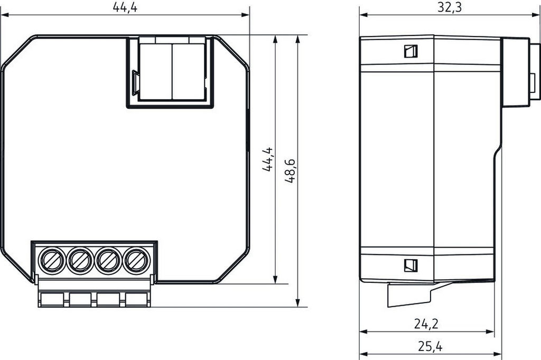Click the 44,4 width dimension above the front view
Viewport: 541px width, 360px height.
coord(125,7)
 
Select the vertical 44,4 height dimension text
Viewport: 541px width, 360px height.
coord(267,159)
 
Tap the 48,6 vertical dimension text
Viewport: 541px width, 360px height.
coord(290,170)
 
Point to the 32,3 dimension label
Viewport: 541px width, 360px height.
coord(450,7)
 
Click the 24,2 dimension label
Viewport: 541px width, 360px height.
coord(426,324)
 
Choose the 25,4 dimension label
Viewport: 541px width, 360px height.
coord(430,346)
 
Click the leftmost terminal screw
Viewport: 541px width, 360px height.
coord(52,260)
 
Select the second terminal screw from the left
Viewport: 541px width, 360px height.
coord(80,260)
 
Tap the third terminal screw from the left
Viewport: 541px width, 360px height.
coord(108,260)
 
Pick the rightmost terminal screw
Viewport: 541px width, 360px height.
coord(137,260)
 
